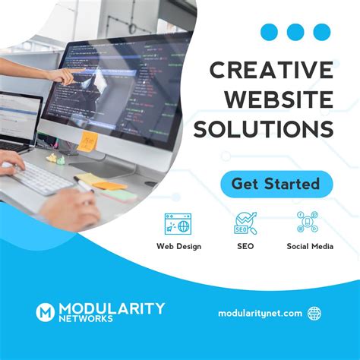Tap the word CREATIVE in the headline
pyautogui.click(x=272, y=71)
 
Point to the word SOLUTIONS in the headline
pyautogui.click(x=264, y=129)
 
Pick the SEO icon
pyautogui.click(x=245, y=223)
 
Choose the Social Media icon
pyautogui.click(x=309, y=223)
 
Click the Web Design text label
pyautogui.click(x=178, y=246)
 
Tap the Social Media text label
pyautogui.click(x=310, y=246)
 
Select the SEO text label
pyautogui.click(x=245, y=246)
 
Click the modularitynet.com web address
pyautogui.click(x=260, y=313)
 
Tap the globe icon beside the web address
pyautogui.click(x=314, y=313)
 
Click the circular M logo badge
pyautogui.click(x=45, y=311)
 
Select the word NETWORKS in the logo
pyautogui.click(x=90, y=319)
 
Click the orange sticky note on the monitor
pyautogui.click(x=89, y=141)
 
